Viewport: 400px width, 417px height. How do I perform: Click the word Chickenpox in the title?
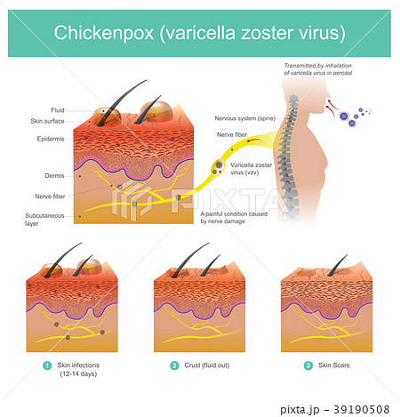104,33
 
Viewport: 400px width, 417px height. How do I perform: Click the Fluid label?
58,110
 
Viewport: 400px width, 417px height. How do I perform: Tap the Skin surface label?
47,121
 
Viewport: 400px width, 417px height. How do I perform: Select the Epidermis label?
51,139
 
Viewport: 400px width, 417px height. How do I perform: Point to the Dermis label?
54,176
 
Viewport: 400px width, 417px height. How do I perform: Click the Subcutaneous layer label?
44,220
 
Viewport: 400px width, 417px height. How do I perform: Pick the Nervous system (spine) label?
245,118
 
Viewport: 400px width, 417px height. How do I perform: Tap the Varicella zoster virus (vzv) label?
251,169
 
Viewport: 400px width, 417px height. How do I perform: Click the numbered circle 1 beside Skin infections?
47,365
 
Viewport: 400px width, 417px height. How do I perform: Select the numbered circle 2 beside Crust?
174,365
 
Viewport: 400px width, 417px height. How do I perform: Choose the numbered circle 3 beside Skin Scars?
308,365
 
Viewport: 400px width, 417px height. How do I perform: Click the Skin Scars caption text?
334,365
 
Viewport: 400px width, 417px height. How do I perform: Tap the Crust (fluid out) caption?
207,365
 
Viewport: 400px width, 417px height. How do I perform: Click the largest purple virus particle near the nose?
343,116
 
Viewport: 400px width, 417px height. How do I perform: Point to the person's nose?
328,94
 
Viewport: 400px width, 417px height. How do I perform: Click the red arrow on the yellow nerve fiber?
252,140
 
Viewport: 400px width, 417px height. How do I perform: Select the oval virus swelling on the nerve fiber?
218,168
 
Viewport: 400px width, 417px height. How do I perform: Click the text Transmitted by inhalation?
318,66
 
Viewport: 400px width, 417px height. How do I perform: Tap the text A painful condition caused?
234,214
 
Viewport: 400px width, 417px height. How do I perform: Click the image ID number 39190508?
362,410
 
